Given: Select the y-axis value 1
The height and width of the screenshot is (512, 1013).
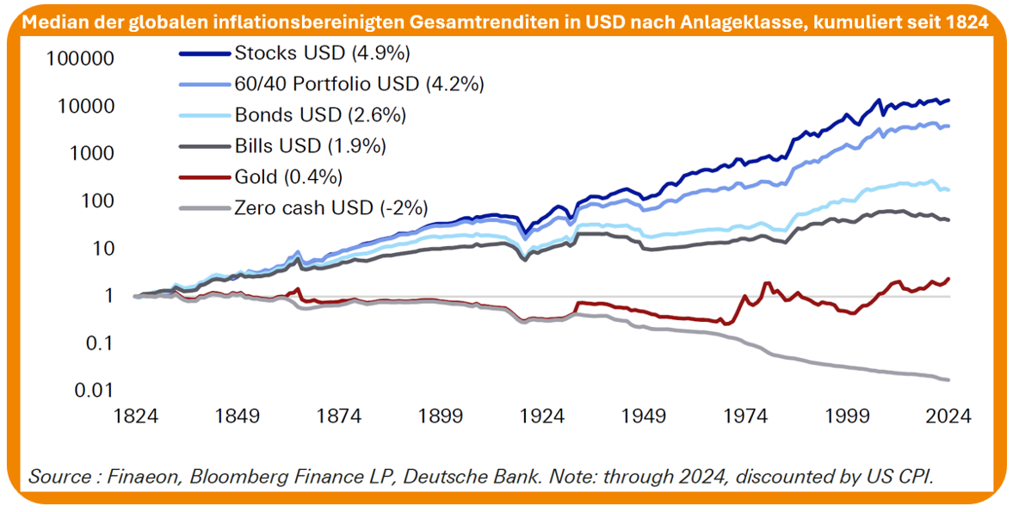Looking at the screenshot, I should point(109,296).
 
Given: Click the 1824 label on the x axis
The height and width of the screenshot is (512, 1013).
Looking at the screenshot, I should point(136,416).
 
